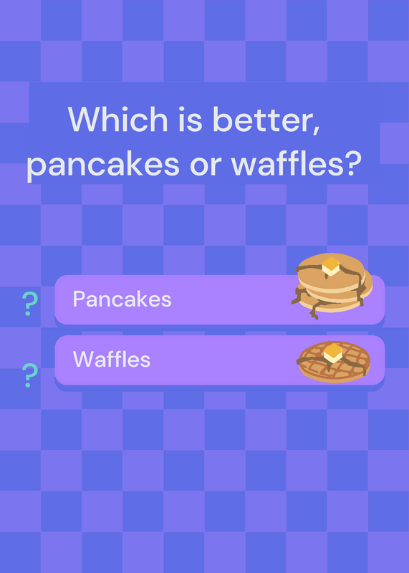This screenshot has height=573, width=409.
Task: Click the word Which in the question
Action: click(x=117, y=119)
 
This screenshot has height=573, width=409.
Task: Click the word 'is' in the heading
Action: click(x=190, y=119)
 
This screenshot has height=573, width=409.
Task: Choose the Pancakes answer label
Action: click(x=122, y=299)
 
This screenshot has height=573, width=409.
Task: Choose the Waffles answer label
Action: click(x=112, y=360)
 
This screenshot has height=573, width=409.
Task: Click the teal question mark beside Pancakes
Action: click(x=30, y=304)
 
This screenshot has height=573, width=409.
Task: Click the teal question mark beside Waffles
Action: click(x=30, y=375)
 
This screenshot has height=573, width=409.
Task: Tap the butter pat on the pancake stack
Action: click(x=331, y=266)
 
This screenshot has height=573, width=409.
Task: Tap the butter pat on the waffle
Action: click(x=333, y=353)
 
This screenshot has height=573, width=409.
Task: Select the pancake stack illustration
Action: click(x=332, y=286)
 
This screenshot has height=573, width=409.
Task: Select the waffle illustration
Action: click(x=333, y=362)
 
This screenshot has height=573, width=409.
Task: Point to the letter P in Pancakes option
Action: click(x=79, y=299)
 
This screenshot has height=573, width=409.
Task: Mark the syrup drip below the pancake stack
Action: click(x=314, y=311)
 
